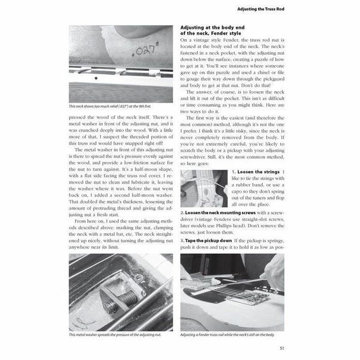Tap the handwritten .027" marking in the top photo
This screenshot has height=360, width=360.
coord(145,47)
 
